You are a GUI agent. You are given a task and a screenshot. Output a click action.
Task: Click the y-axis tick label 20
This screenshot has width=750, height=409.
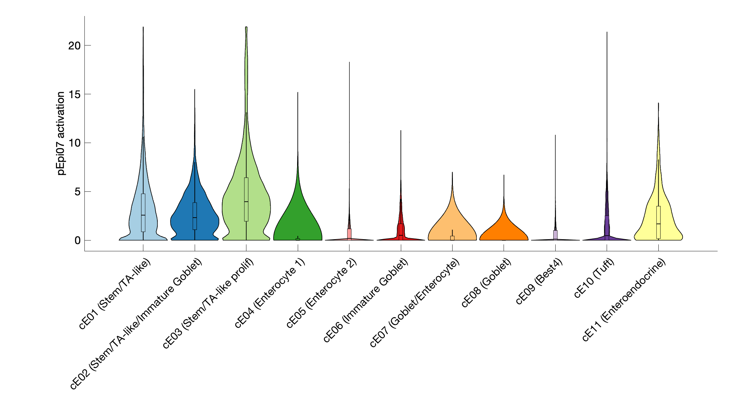74,45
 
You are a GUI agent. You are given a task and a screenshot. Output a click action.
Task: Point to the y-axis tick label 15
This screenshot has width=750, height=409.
74,94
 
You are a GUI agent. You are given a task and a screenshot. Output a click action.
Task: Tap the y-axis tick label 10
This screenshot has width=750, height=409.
74,143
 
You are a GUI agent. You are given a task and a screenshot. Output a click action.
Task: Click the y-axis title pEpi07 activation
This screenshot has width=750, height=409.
61,133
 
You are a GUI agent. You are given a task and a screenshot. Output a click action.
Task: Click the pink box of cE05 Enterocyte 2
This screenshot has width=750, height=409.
349,234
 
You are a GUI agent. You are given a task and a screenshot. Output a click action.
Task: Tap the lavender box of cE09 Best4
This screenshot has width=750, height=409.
555,235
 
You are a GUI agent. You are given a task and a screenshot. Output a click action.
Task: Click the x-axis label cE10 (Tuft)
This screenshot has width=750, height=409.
594,278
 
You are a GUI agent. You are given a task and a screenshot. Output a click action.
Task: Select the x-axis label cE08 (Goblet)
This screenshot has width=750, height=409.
486,283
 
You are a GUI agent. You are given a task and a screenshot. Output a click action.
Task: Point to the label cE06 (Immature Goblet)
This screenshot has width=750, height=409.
366,300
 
